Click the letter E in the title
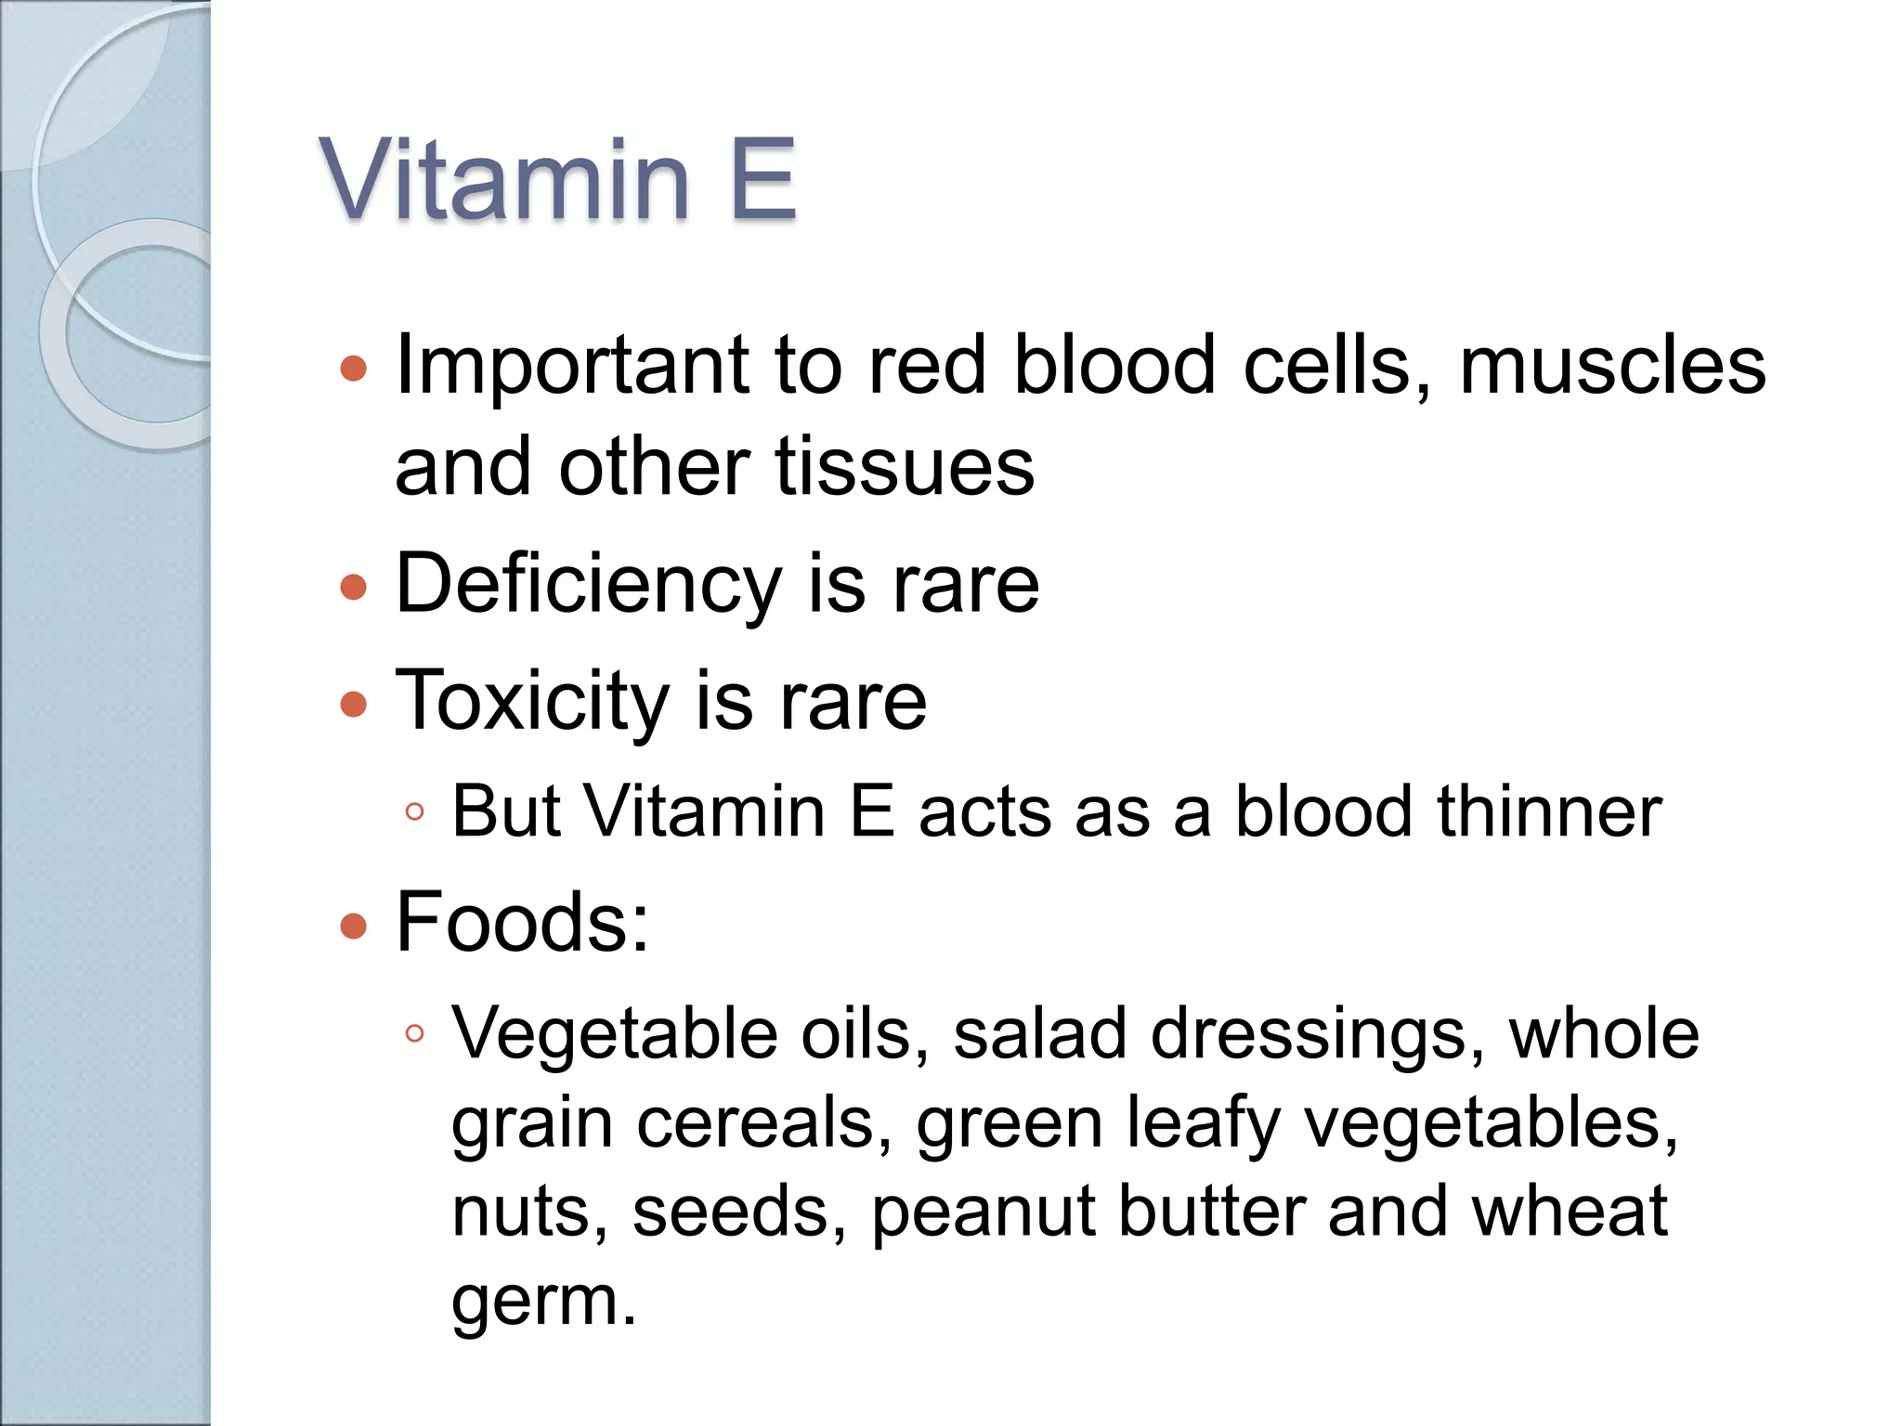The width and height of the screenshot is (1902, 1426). point(762,178)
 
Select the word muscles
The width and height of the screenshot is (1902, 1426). point(1611,365)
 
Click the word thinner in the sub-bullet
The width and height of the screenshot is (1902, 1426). point(1548,811)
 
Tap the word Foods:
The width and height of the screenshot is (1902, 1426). point(522,923)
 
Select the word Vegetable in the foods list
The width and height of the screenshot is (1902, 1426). point(614,1034)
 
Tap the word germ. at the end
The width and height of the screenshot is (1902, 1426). point(543,1302)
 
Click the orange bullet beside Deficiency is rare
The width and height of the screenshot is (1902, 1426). point(353,588)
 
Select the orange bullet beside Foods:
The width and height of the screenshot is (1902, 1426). point(353,926)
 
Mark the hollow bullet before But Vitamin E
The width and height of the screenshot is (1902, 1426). point(415,813)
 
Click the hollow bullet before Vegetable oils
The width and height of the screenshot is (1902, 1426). point(415,1034)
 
